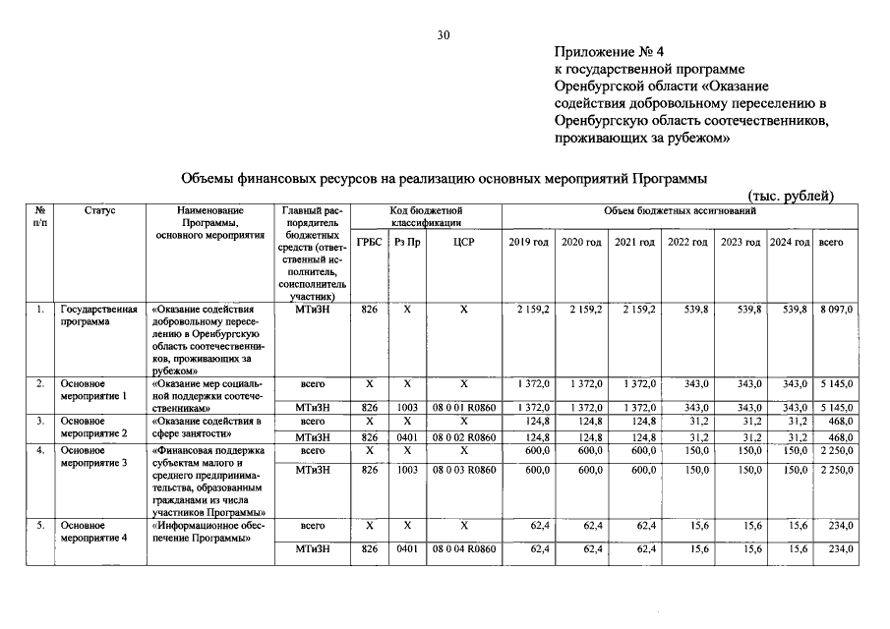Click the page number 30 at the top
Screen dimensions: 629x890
pyautogui.click(x=444, y=35)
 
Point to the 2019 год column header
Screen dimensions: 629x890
pyautogui.click(x=528, y=242)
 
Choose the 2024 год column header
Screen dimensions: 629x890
pyautogui.click(x=789, y=242)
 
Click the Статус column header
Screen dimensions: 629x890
pyautogui.click(x=100, y=210)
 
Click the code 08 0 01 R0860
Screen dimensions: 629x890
pyautogui.click(x=463, y=407)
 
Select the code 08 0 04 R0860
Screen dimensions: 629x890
pyautogui.click(x=463, y=549)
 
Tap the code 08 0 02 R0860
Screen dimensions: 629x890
pyautogui.click(x=463, y=436)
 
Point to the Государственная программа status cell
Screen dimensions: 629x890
pyautogui.click(x=96, y=315)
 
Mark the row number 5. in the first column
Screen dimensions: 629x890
pyautogui.click(x=40, y=527)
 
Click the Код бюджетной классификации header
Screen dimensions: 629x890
pyautogui.click(x=425, y=216)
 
